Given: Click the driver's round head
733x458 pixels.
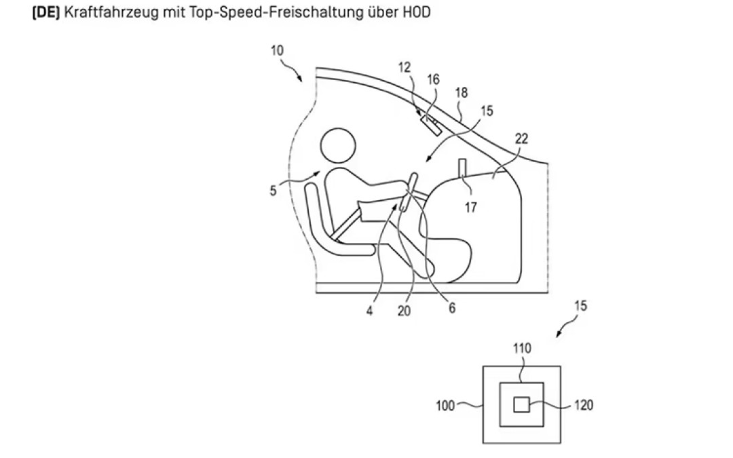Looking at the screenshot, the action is pyautogui.click(x=338, y=147).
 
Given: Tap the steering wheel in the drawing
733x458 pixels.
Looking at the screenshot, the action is pyautogui.click(x=407, y=192).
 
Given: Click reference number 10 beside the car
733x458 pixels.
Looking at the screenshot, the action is pyautogui.click(x=277, y=50).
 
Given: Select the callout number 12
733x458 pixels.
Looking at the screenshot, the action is pyautogui.click(x=405, y=67).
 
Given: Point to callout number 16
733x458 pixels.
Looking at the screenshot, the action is pyautogui.click(x=433, y=79).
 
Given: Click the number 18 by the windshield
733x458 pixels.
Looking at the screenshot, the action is pyautogui.click(x=462, y=92).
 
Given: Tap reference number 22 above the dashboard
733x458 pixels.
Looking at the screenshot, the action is pyautogui.click(x=521, y=138).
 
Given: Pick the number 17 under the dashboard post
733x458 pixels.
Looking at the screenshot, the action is pyautogui.click(x=471, y=207).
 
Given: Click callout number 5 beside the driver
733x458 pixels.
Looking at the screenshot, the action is pyautogui.click(x=273, y=191).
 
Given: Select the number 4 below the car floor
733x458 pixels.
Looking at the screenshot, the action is pyautogui.click(x=369, y=311).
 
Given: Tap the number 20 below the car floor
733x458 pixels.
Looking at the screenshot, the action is pyautogui.click(x=404, y=311).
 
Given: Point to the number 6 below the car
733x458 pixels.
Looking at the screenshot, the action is pyautogui.click(x=452, y=307).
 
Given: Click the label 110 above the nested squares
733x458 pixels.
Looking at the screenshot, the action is pyautogui.click(x=522, y=348).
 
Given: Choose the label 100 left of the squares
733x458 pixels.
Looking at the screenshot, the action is pyautogui.click(x=445, y=406).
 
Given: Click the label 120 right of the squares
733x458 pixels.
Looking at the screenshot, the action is pyautogui.click(x=584, y=404).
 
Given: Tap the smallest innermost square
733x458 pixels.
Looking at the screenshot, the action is pyautogui.click(x=521, y=404).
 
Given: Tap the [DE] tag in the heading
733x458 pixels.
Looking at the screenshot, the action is pyautogui.click(x=46, y=12).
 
